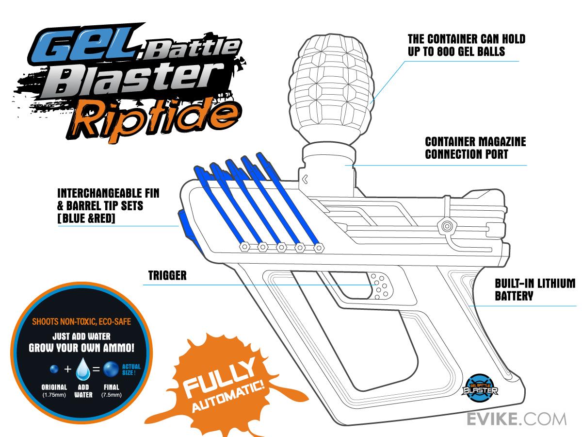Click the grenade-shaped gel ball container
click(x=331, y=92)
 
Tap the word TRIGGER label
click(x=167, y=275)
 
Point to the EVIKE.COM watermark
click(x=517, y=419)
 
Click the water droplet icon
click(x=83, y=369)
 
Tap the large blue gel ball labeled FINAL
click(x=111, y=369)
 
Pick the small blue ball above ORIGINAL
click(x=54, y=369)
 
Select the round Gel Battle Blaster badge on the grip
click(x=480, y=388)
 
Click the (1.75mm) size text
click(x=54, y=395)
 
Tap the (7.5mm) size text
click(x=112, y=395)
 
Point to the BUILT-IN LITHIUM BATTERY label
click(x=535, y=289)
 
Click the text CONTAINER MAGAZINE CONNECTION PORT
click(x=475, y=148)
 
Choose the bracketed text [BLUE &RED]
click(x=86, y=218)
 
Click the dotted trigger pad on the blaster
click(x=380, y=286)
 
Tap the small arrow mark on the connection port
click(x=305, y=179)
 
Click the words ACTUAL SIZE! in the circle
click(x=131, y=370)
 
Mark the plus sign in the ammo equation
click(x=67, y=369)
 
